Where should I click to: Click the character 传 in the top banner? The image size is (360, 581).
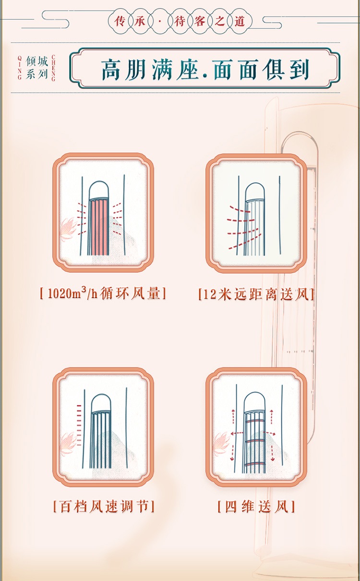pyautogui.click(x=120, y=21)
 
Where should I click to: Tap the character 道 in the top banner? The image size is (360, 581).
pyautogui.click(x=240, y=21)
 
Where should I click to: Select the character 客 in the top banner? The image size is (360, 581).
pyautogui.click(x=200, y=21)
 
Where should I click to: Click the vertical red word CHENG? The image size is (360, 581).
pyautogui.click(x=53, y=68)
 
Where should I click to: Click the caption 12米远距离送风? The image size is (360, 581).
pyautogui.click(x=256, y=294)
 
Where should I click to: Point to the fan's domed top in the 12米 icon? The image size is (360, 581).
pyautogui.click(x=255, y=192)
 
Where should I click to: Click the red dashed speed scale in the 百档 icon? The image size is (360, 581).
pyautogui.click(x=79, y=425)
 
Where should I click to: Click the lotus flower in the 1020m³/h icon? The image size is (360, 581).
pyautogui.click(x=68, y=228)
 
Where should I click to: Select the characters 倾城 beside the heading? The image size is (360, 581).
pyautogui.click(x=37, y=62)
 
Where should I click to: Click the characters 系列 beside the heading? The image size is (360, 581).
pyautogui.click(x=37, y=74)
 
